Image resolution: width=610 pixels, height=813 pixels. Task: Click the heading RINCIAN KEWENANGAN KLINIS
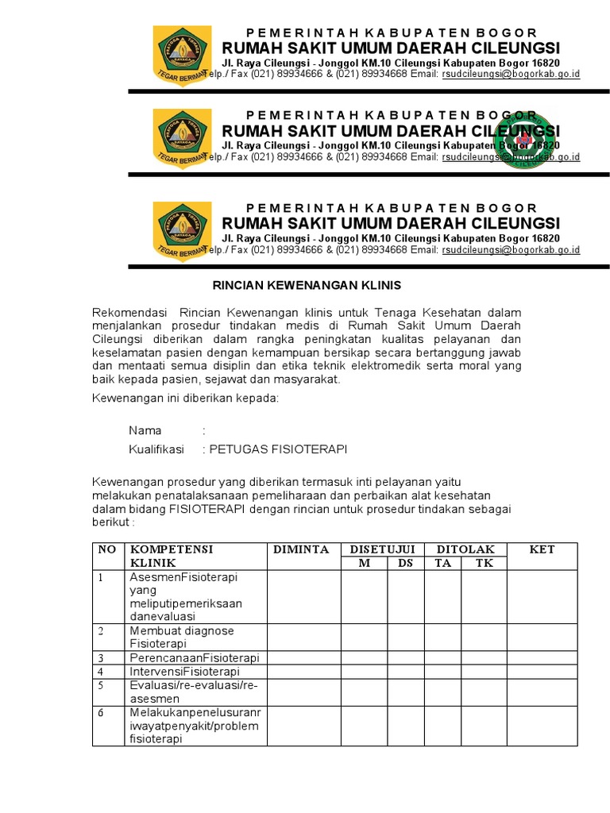305,285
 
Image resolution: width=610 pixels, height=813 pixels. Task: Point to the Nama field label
145,430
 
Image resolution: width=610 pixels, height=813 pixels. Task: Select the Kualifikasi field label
156,449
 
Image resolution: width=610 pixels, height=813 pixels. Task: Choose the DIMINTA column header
301,549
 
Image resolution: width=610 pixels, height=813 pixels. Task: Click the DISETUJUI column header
383,549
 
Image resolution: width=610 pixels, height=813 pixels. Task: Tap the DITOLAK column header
465,549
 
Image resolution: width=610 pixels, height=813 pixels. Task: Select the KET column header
542,549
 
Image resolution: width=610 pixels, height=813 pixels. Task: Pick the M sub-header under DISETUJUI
364,563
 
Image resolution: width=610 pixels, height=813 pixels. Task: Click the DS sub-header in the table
406,563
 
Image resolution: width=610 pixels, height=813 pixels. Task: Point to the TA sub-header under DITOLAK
442,563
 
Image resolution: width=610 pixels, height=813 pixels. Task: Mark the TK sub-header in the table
484,563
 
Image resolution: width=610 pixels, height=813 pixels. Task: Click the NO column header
107,549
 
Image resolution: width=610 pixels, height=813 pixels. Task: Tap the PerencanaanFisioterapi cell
195,658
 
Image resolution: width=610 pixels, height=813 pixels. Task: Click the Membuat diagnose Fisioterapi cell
182,637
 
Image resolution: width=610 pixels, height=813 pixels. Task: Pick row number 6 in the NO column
102,713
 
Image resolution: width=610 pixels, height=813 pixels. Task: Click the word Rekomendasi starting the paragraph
128,312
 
